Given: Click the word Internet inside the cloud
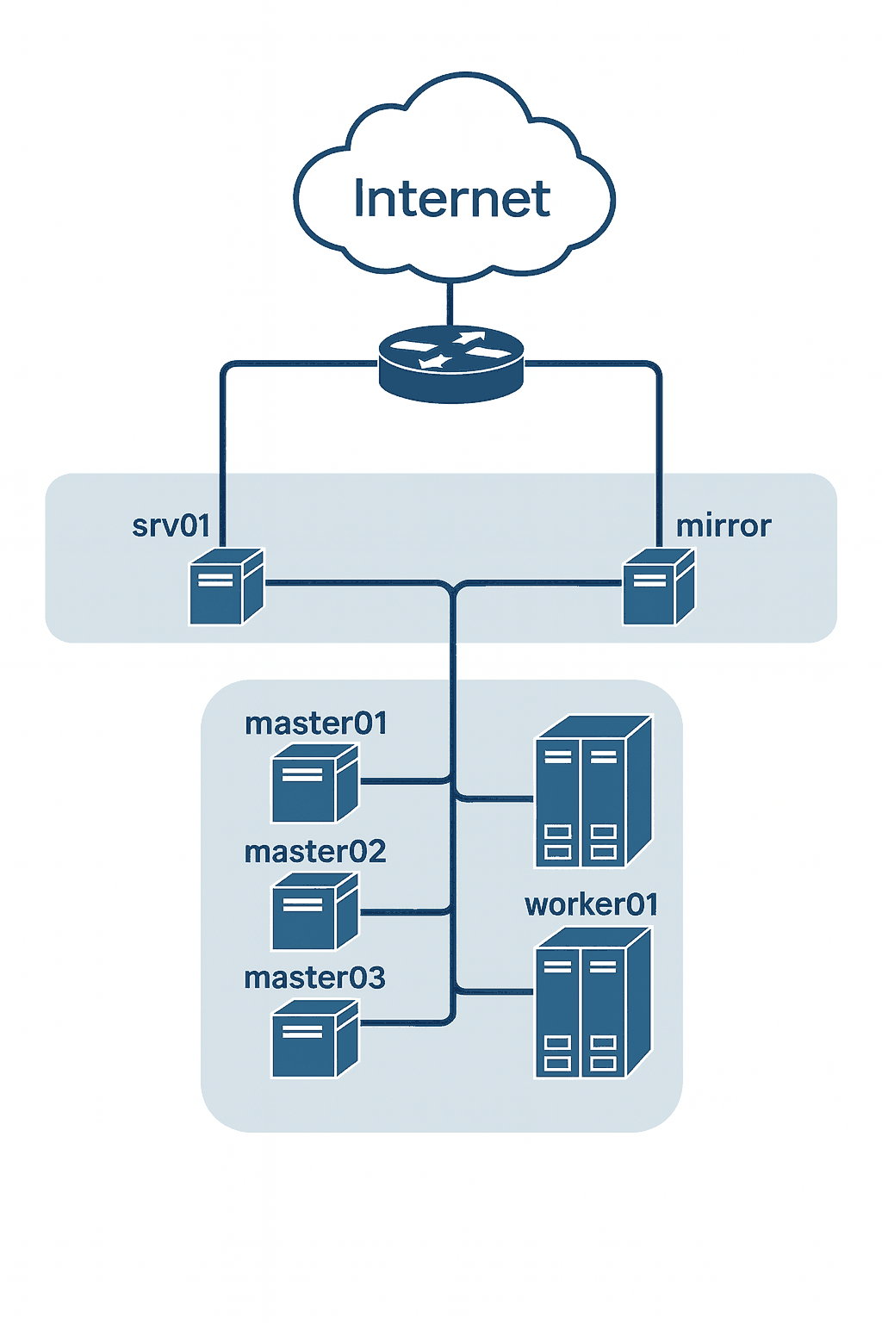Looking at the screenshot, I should (451, 199).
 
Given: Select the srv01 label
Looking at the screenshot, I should (171, 525).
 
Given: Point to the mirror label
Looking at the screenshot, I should (724, 525).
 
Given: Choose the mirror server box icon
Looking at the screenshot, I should (658, 587).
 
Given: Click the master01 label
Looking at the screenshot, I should (316, 724).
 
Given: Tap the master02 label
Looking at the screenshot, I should (315, 852).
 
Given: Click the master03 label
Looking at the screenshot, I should (314, 978).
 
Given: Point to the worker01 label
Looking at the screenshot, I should (592, 904).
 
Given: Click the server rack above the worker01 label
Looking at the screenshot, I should (593, 792).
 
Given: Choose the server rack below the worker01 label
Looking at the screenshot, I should (593, 1003).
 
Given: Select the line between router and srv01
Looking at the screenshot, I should (223, 431).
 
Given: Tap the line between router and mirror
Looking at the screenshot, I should (660, 431).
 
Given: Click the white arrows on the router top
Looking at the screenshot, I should (450, 348).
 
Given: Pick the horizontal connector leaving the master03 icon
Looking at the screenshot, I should (401, 1024).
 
